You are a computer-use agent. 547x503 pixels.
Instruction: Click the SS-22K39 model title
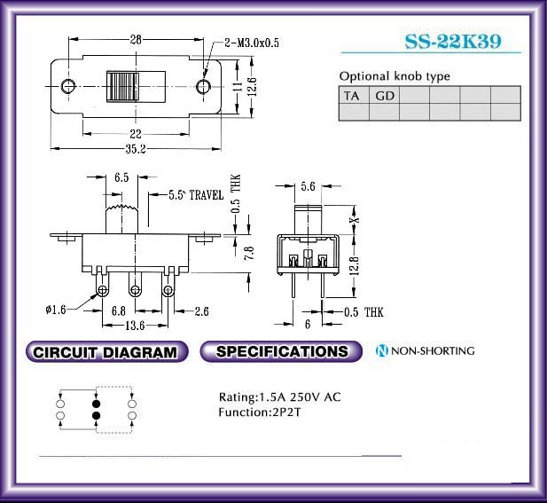pos(453,42)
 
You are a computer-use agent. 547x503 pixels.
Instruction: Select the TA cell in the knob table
pos(354,95)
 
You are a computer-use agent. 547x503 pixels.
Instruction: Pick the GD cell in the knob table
pos(384,95)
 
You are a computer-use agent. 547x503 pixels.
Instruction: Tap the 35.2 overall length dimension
pos(136,149)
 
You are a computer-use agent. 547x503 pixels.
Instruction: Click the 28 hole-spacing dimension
pos(136,39)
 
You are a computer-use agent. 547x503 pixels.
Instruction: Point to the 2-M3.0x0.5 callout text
pos(252,43)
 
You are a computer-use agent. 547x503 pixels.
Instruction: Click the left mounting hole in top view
pos(68,86)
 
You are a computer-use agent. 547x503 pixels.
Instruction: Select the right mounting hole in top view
pos(203,86)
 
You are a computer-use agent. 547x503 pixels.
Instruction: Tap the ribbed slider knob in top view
pos(122,87)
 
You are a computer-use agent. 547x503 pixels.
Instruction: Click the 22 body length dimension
pos(136,134)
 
